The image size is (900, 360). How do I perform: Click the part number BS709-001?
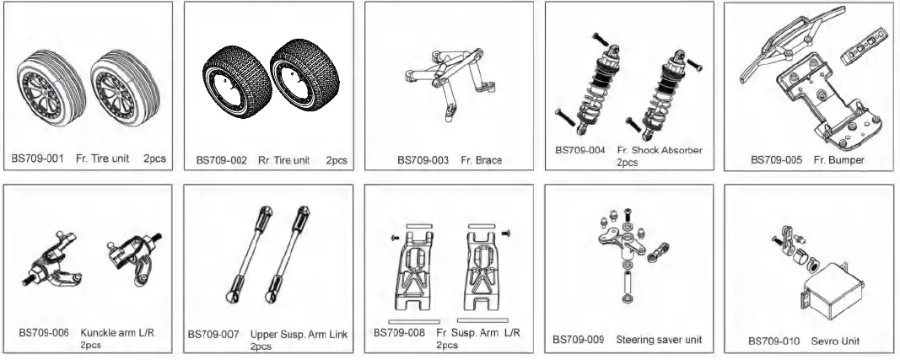tap(38, 159)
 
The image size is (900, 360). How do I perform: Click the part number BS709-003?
tap(423, 159)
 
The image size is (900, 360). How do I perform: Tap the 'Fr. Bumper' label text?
tap(840, 159)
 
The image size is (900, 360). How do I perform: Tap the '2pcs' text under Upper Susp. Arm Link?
tap(261, 346)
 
